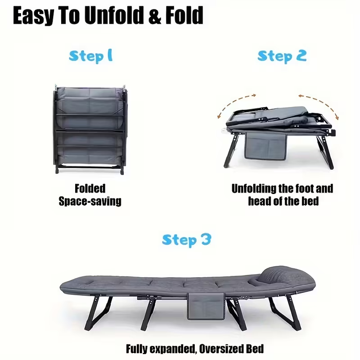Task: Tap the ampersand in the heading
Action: click(x=154, y=16)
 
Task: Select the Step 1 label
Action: click(x=91, y=56)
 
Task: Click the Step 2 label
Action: click(x=282, y=56)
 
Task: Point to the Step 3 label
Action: click(x=186, y=240)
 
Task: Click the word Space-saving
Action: click(x=90, y=201)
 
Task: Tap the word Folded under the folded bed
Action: click(x=90, y=189)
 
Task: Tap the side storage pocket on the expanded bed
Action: click(x=206, y=306)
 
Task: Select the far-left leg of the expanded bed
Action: click(x=98, y=313)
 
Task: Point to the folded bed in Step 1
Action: click(x=90, y=130)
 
